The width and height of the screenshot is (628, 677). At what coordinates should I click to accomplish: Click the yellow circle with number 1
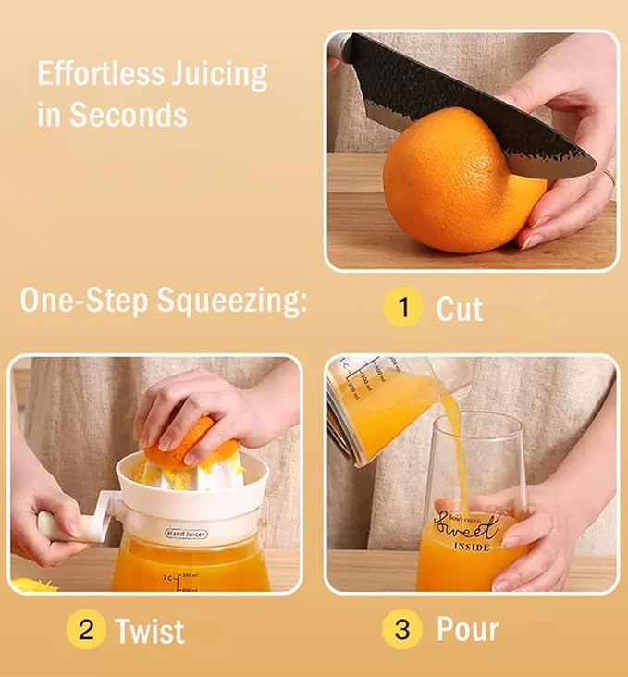(403, 307)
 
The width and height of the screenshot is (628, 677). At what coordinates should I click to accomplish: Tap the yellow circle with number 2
(86, 630)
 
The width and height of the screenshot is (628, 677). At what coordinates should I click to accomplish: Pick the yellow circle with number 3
(402, 630)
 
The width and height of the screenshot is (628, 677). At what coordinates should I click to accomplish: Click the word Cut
(460, 309)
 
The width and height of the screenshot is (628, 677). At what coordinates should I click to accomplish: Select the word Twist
(150, 631)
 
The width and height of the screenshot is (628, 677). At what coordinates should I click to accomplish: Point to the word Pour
(467, 630)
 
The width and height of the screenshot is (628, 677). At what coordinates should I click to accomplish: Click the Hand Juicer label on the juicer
(187, 534)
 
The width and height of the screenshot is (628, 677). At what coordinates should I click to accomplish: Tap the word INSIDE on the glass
(472, 547)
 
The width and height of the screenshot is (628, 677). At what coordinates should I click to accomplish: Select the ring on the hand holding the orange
(610, 177)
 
